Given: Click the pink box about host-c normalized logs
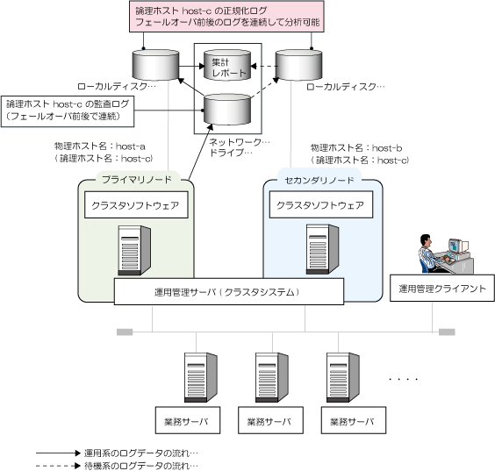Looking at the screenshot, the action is pos(226,17).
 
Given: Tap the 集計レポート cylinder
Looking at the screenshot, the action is pos(227,65).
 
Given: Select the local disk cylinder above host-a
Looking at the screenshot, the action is pos(155,65).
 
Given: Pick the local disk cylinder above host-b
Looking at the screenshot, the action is pos(299,65).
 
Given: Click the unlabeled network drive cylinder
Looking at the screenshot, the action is pos(227,109).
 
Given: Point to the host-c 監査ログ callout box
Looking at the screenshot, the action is pos(68,111).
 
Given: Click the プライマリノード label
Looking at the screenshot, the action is pos(137,180).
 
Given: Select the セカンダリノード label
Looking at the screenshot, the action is pos(319,180).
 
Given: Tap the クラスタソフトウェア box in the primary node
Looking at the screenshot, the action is pos(136,205).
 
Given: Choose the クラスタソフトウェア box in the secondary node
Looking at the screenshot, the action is pos(321,205).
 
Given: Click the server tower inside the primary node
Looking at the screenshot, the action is pos(134,250).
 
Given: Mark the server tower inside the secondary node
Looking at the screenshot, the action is pos(322,249).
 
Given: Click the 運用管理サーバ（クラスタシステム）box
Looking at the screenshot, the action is pos(229,291).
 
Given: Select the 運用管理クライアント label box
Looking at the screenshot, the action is pos(442,288).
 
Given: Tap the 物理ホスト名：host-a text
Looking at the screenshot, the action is pos(100,146).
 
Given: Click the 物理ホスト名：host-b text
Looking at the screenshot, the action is pos(356,147).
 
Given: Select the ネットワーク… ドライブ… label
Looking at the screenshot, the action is pos(240,147).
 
